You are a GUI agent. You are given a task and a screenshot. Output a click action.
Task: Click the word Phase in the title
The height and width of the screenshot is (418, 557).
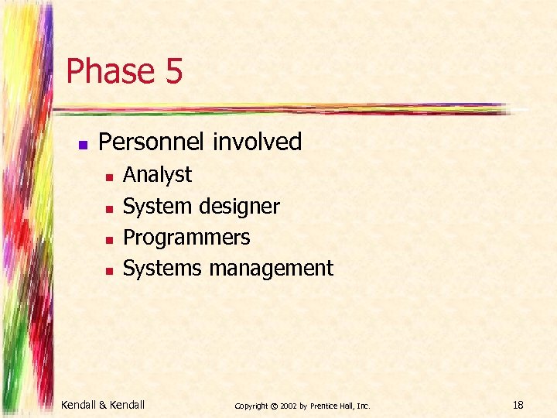110,71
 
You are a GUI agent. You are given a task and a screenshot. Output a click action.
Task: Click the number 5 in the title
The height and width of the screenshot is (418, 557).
173,71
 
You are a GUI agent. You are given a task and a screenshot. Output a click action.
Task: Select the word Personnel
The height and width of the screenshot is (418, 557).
153,142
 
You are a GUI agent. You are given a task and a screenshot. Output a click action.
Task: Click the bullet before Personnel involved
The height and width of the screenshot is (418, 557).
83,144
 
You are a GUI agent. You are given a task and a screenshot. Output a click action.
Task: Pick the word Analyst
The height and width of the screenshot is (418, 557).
157,175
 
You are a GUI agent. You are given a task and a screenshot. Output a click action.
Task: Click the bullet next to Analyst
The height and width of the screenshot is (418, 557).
109,177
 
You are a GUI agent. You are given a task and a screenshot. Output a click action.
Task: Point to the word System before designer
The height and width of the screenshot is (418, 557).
158,207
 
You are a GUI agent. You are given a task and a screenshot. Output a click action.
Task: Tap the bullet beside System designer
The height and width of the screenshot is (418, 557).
109,208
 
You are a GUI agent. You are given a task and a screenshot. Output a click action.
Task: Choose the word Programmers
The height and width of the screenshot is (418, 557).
186,238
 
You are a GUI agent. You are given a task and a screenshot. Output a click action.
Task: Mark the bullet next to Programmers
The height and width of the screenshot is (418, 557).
109,239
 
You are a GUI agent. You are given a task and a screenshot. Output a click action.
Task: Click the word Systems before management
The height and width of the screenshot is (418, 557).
162,269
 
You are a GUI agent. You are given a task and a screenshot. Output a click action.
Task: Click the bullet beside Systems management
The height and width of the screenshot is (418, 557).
109,270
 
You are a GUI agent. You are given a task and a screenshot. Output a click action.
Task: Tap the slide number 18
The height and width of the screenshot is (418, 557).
518,404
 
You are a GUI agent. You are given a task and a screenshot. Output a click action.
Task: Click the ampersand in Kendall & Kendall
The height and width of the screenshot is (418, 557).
104,404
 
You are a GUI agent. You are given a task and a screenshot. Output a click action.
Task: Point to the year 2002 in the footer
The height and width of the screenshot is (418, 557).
288,405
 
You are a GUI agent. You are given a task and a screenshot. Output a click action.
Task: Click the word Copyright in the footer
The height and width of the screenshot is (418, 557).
251,405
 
